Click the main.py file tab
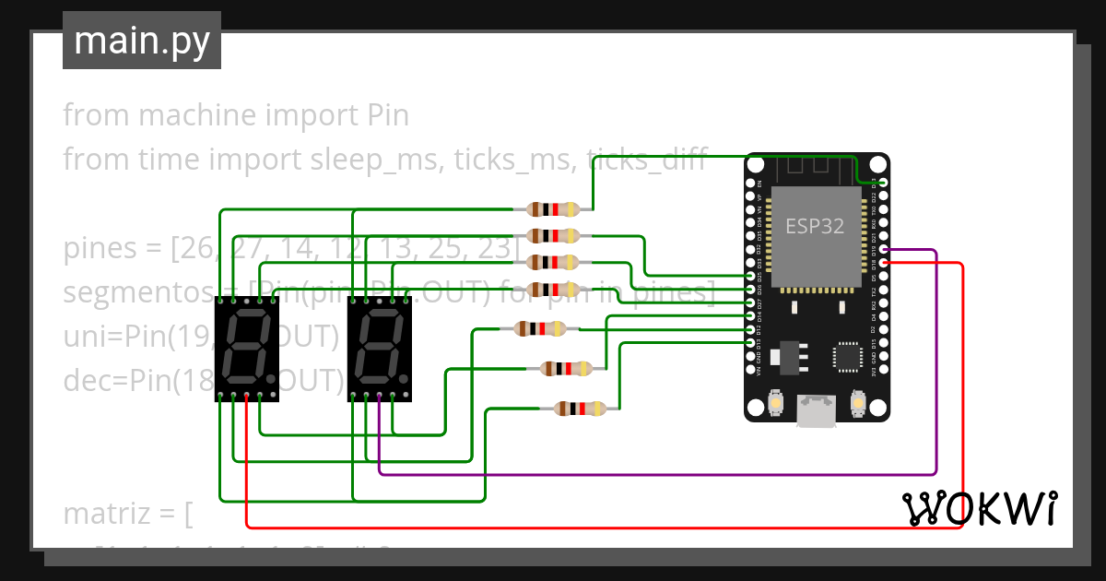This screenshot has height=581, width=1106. click(141, 41)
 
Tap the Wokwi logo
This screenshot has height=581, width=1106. click(979, 508)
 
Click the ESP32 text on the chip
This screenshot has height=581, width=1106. click(814, 226)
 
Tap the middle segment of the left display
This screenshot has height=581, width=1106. click(242, 347)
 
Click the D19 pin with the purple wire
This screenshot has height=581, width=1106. click(884, 250)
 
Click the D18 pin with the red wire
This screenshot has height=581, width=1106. click(884, 263)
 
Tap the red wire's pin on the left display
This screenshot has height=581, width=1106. click(247, 397)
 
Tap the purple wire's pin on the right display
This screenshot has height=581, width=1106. click(380, 397)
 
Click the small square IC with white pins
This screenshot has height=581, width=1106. click(846, 356)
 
